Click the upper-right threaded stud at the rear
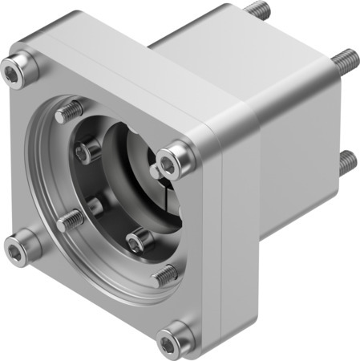345,58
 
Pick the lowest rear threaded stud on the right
346,162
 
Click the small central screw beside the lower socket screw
97,207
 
